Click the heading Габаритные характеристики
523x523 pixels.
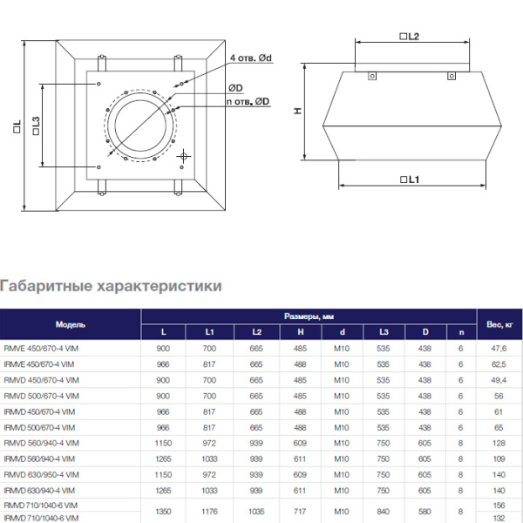(x=111, y=286)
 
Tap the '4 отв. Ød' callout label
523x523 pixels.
(x=252, y=58)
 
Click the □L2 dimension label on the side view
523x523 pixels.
(x=410, y=37)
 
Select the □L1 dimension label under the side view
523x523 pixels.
(x=410, y=179)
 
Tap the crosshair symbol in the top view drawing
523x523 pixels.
(x=183, y=156)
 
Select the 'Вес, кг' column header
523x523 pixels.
(x=499, y=323)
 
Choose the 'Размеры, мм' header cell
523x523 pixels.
(x=309, y=316)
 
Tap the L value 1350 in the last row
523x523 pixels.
(x=163, y=512)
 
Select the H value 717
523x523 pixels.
(x=299, y=512)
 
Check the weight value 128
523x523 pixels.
(x=499, y=443)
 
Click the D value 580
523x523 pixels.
(x=425, y=512)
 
